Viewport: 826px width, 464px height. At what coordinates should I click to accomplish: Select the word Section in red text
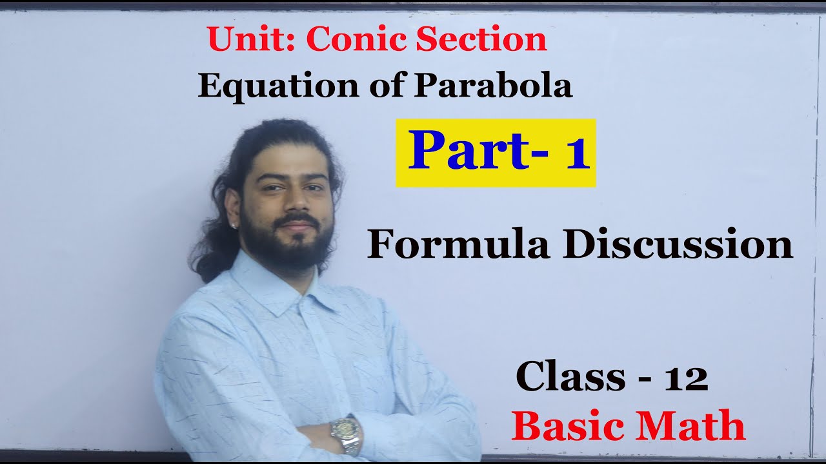[481, 40]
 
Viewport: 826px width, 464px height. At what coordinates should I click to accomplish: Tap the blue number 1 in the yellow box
[578, 153]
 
